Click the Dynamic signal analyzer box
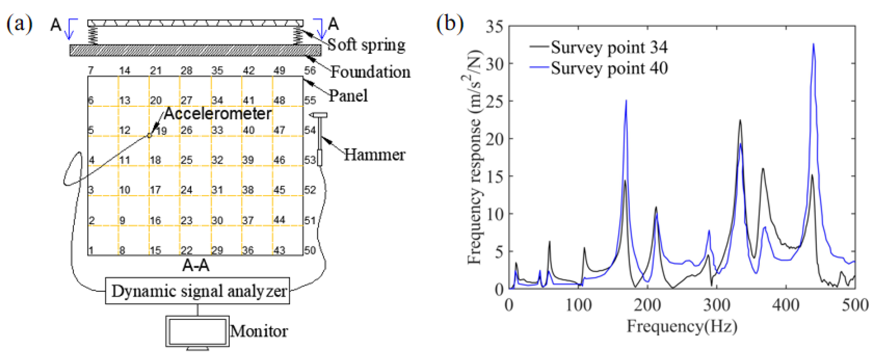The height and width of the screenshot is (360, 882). (197, 291)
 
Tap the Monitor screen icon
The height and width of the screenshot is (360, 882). (197, 332)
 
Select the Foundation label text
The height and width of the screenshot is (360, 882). (370, 72)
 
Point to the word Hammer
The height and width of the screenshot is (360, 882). (374, 155)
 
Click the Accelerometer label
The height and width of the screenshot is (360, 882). (218, 114)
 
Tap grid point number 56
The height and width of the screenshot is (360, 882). (310, 71)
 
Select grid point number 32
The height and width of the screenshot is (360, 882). (217, 160)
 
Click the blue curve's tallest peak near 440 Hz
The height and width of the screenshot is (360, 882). (813, 44)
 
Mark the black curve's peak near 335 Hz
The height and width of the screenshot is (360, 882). (740, 120)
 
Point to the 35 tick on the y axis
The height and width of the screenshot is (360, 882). (494, 27)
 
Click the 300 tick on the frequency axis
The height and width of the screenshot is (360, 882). (716, 305)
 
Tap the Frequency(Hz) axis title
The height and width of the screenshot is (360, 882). (681, 326)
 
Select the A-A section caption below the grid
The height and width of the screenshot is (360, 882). (196, 265)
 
